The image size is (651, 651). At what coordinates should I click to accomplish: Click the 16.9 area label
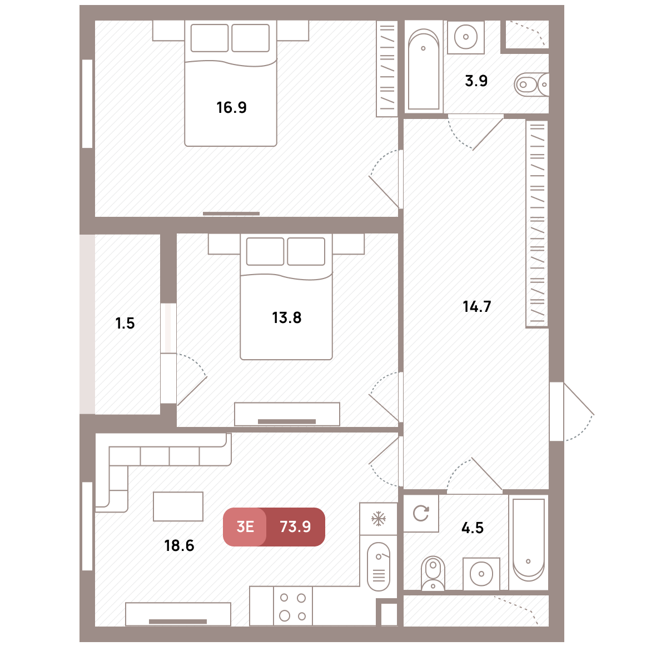tap(231, 107)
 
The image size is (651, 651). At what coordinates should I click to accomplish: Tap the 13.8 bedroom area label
tap(286, 318)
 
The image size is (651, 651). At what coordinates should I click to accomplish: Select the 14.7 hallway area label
tap(476, 307)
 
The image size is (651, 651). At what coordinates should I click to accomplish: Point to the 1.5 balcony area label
tap(125, 324)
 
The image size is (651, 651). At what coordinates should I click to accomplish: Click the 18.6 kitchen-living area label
tap(179, 545)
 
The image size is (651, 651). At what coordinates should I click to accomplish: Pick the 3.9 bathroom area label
tap(476, 81)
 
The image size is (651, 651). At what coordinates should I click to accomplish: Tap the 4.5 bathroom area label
tap(473, 528)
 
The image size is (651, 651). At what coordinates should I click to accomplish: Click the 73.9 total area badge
tap(295, 526)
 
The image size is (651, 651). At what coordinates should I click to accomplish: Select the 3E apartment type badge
tap(245, 526)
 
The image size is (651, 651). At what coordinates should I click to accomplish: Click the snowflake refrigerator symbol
tap(378, 519)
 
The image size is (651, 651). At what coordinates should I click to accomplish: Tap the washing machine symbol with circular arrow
tap(421, 513)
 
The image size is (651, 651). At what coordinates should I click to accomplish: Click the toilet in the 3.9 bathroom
tap(531, 85)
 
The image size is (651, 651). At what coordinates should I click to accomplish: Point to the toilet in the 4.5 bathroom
tap(433, 573)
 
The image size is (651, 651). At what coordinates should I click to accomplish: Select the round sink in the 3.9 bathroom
tap(466, 37)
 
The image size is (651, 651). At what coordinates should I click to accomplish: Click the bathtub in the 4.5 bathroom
tap(528, 542)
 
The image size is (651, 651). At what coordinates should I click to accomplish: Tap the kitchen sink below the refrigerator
tap(378, 566)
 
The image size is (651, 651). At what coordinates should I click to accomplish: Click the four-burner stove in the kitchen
tap(293, 606)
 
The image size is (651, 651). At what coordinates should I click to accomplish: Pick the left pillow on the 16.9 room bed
tap(209, 38)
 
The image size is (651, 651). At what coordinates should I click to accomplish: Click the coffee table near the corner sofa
tap(178, 506)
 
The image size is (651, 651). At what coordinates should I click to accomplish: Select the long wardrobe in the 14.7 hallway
tap(537, 224)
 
